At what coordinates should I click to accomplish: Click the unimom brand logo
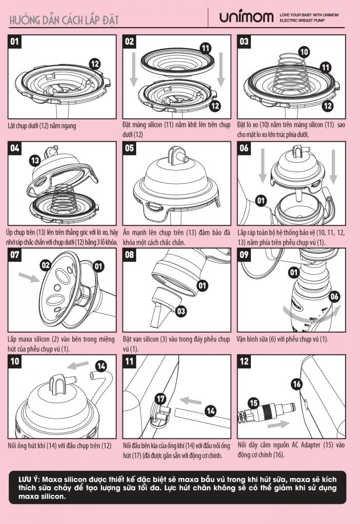pos(246,16)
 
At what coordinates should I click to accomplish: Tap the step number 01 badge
pos(15,42)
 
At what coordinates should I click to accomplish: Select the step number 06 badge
pos(244,148)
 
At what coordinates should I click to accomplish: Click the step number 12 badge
pos(244,361)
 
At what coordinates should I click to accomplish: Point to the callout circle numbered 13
pos(35,161)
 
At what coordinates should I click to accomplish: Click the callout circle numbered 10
pos(304,52)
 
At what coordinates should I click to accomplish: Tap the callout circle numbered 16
pos(297,384)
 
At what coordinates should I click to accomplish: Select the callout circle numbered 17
pos(161,399)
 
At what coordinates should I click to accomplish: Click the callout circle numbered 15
pos(254,403)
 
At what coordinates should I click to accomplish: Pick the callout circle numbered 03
pos(181,312)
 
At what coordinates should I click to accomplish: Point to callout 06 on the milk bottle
pos(334,296)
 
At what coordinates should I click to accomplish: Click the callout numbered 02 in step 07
pos(45,266)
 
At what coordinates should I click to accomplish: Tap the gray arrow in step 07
pos(29,277)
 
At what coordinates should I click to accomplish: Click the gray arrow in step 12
pos(279,424)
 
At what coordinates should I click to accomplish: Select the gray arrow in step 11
pos(190,400)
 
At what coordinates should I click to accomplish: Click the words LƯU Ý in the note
pos(28,479)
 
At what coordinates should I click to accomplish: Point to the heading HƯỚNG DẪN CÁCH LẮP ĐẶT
pos(64,20)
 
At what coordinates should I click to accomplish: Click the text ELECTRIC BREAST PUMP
pos(302,20)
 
